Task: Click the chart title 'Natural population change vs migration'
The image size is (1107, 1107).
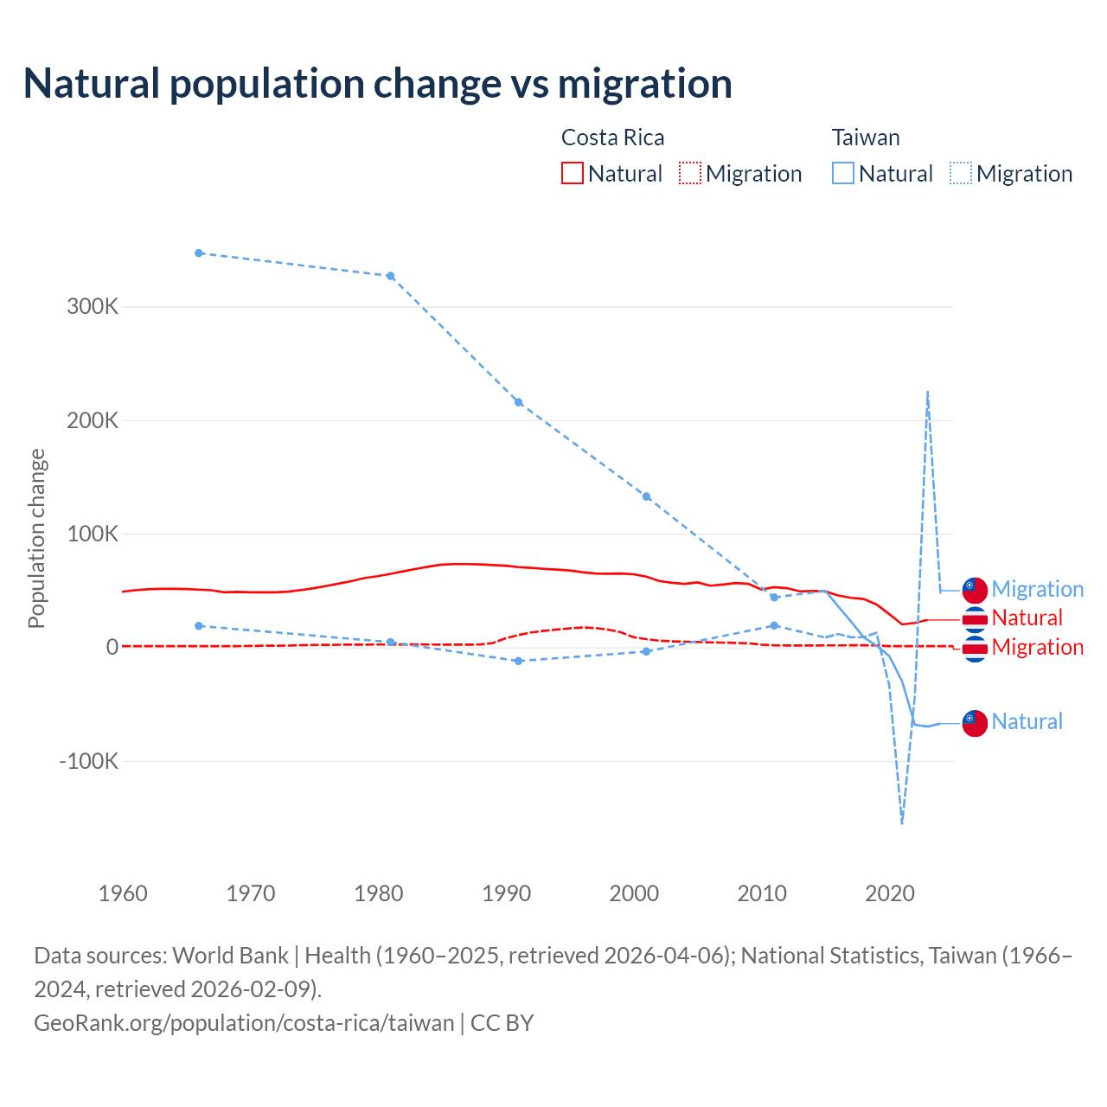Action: [x=378, y=84]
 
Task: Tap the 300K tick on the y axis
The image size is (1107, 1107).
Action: [x=93, y=306]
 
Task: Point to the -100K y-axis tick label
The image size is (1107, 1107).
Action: [x=88, y=761]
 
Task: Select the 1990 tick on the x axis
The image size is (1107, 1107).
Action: [x=507, y=893]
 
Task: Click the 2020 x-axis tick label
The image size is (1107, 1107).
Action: [x=890, y=893]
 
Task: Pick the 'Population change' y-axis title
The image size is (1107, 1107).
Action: [x=36, y=538]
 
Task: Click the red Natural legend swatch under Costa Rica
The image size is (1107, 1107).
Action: [x=573, y=173]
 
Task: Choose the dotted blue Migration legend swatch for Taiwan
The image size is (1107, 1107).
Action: [x=961, y=173]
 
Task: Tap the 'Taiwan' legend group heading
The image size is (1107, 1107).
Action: [x=866, y=138]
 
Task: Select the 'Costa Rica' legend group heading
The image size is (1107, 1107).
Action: [x=612, y=138]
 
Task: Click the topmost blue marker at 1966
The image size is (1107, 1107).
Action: [x=199, y=253]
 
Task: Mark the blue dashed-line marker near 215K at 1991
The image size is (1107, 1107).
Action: [x=519, y=402]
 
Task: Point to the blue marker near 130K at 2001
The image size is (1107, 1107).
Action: [x=646, y=496]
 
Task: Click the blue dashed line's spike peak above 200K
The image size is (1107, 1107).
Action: [x=927, y=392]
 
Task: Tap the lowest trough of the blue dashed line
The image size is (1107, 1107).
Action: [x=902, y=822]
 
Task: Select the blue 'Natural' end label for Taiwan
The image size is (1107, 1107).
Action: [x=1027, y=721]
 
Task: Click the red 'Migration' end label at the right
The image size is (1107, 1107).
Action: [x=1037, y=647]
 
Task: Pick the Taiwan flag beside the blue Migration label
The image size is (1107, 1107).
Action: [x=975, y=590]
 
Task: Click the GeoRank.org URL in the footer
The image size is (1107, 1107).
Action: [x=244, y=1022]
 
